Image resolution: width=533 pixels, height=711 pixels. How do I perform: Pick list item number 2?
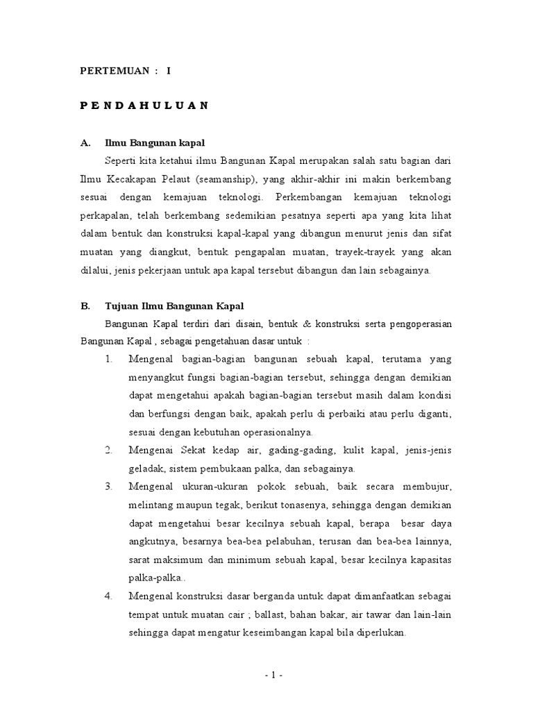[x=109, y=451]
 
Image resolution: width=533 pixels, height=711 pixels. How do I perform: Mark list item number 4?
[x=109, y=596]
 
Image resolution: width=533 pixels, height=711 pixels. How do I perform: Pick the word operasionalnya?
[x=259, y=432]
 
